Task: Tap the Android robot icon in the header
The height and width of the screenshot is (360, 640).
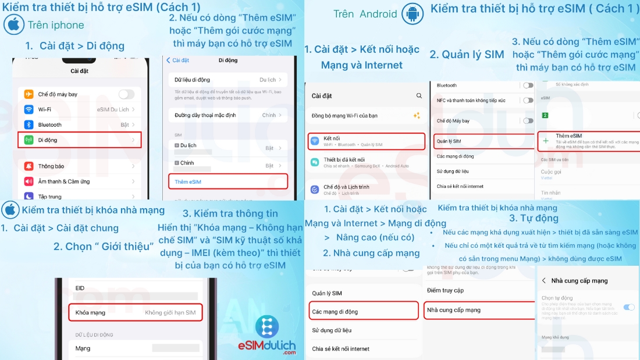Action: (413, 14)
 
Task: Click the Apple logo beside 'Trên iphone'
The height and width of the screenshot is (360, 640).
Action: (13, 25)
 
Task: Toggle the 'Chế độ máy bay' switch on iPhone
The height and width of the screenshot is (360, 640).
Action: (126, 94)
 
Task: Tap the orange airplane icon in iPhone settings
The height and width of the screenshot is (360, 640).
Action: (28, 94)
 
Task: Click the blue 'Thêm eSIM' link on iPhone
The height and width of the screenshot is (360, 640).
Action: (188, 182)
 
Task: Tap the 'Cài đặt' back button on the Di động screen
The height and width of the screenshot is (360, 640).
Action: (178, 60)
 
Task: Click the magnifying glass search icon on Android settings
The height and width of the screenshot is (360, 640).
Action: (419, 96)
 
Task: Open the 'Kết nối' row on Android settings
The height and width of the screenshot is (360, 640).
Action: (366, 141)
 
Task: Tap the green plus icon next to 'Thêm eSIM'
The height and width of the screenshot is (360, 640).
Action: (545, 141)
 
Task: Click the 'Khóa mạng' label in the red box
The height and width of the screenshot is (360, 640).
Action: (90, 313)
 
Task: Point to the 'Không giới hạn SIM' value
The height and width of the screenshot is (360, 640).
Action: (170, 313)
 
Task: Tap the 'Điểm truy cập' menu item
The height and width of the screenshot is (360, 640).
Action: (445, 290)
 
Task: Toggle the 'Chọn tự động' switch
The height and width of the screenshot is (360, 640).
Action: (628, 306)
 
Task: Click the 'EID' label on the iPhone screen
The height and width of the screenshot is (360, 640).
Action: (80, 288)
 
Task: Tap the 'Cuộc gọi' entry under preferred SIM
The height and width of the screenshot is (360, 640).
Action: (551, 172)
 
